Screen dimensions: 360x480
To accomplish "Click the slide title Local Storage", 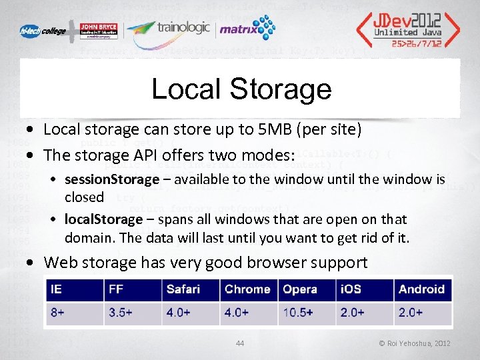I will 241,89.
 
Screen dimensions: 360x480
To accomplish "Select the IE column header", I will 57,289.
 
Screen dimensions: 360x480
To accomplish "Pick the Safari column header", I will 184,289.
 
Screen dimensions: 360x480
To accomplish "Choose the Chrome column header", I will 247,289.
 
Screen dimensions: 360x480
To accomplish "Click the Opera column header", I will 300,289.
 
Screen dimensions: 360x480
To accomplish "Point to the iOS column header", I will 352,289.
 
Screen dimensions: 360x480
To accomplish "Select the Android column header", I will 421,289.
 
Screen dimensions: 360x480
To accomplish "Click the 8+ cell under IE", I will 57,312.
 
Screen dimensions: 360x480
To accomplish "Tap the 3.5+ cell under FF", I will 121,312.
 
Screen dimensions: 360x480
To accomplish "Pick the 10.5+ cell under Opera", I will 298,312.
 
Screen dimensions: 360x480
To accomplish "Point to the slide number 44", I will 240,343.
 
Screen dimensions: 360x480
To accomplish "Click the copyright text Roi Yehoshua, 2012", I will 415,343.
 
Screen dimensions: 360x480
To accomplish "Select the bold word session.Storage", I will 112,179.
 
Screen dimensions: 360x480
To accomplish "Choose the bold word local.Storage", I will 103,219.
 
